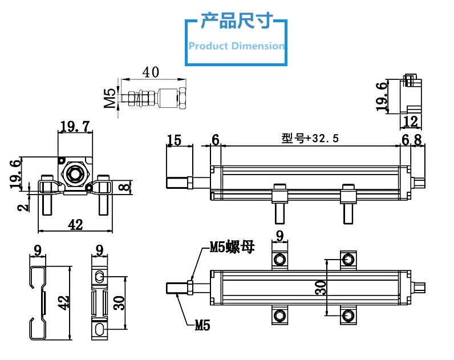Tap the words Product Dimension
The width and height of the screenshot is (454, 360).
click(236, 46)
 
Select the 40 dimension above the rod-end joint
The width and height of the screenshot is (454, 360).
click(150, 72)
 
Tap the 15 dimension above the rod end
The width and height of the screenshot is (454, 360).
click(174, 140)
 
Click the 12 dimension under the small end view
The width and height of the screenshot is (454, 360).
click(411, 121)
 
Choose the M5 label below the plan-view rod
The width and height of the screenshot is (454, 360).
click(202, 326)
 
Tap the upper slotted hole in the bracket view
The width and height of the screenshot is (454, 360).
click(100, 277)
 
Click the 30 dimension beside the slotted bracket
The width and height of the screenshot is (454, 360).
click(119, 303)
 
